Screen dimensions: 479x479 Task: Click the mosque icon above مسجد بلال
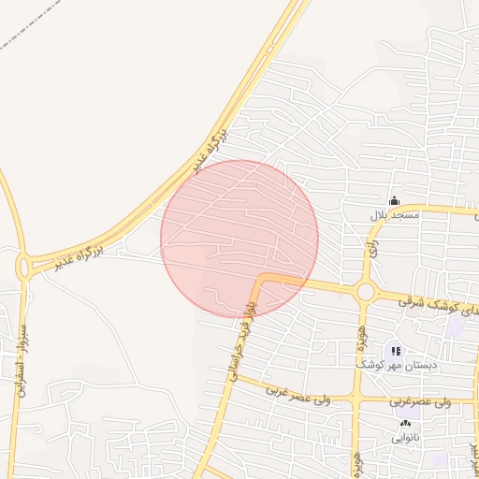[x=394, y=201]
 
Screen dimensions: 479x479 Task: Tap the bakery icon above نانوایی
[x=405, y=424]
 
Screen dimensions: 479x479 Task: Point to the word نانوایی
[x=405, y=437]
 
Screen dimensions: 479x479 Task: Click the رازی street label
[x=373, y=248]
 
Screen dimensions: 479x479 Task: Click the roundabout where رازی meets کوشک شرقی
[x=365, y=293]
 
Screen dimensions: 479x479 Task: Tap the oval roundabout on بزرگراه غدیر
[x=23, y=268]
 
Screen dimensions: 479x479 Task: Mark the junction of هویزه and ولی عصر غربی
[x=356, y=399]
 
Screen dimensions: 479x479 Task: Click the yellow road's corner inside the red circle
[x=261, y=279]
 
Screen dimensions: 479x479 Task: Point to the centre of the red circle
[x=239, y=239]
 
